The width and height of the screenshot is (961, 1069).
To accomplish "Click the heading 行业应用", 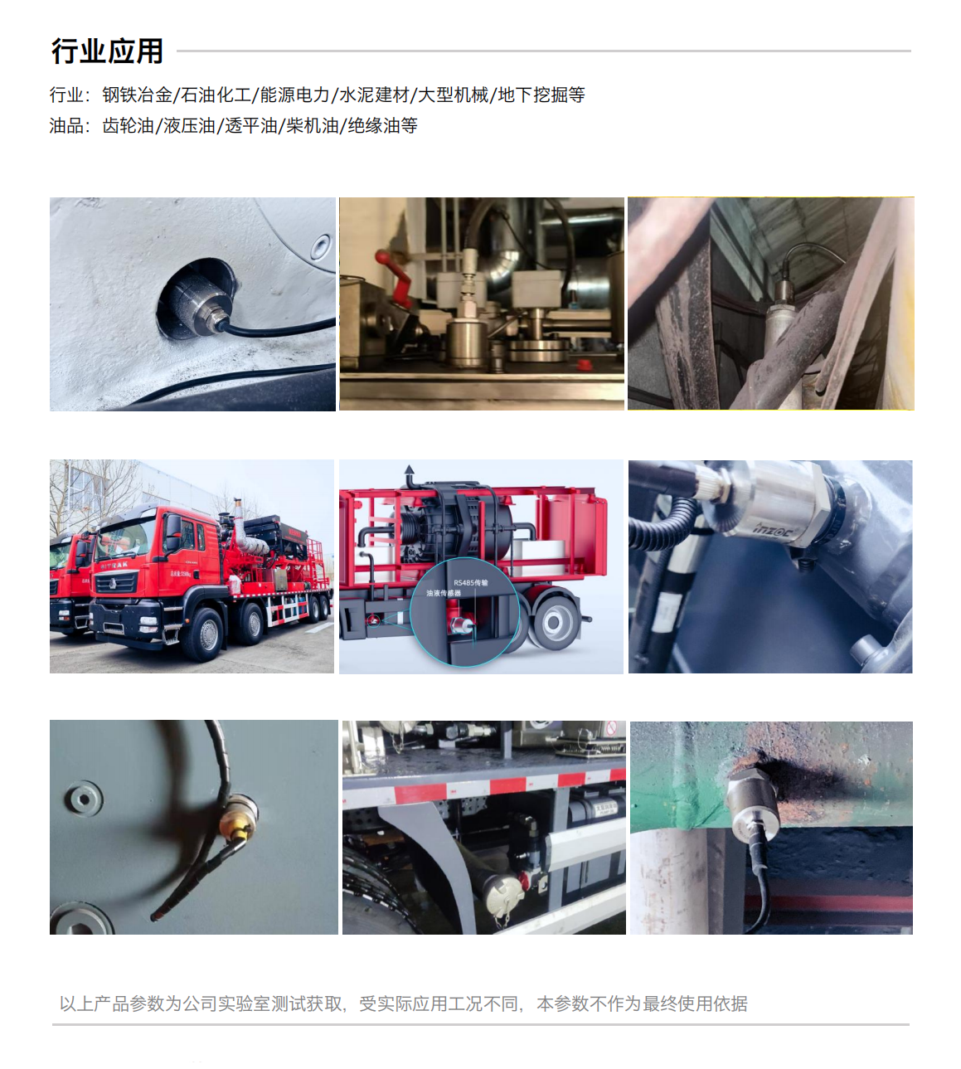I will pyautogui.click(x=107, y=51).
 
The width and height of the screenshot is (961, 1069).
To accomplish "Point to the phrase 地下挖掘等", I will pyautogui.click(x=541, y=95).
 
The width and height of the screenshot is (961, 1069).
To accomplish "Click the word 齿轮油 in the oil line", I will pyautogui.click(x=129, y=126).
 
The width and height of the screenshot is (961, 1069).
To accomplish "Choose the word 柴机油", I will pyautogui.click(x=313, y=126).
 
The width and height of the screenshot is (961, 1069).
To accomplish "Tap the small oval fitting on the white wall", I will pyautogui.click(x=319, y=246).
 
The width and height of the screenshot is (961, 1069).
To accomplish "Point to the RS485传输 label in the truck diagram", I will pyautogui.click(x=470, y=583).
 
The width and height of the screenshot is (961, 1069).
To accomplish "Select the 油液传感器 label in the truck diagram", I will pyautogui.click(x=444, y=594).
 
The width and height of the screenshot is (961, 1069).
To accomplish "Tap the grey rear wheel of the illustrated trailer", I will pyautogui.click(x=554, y=622).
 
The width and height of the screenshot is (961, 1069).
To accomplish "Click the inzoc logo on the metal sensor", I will pyautogui.click(x=772, y=528).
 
